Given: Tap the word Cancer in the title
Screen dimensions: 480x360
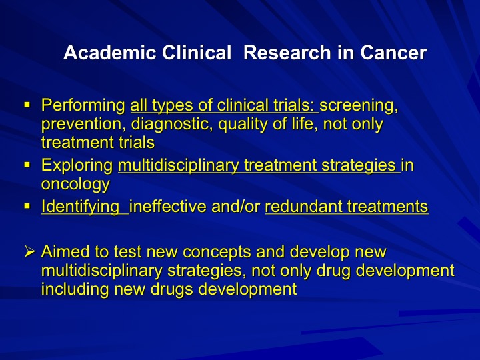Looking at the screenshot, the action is [x=393, y=53].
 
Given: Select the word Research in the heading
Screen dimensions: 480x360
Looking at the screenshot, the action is [x=287, y=53].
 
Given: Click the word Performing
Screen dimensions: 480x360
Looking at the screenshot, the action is [x=83, y=106].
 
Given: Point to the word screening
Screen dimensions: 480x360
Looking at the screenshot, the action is [x=359, y=106].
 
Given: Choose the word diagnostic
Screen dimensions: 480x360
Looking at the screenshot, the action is [x=172, y=124].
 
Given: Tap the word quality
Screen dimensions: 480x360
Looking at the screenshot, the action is [x=245, y=125].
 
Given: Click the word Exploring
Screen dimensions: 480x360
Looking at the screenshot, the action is [x=77, y=166].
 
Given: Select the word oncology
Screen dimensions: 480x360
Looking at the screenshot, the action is [x=75, y=184].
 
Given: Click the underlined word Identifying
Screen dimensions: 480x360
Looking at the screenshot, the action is [x=81, y=207].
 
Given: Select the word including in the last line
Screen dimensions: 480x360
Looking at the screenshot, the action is [x=75, y=289].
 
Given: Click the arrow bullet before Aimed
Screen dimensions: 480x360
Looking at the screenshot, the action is [x=30, y=251].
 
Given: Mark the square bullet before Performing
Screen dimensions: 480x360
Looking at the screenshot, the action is [x=27, y=105].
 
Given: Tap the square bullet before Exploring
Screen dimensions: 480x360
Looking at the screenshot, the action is [x=27, y=165].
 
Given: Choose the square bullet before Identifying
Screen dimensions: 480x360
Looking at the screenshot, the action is [x=27, y=206].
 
